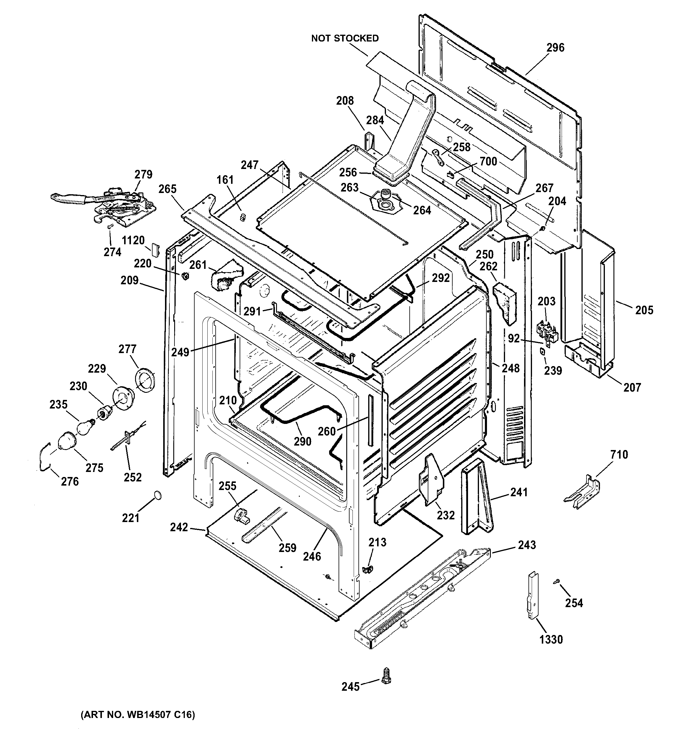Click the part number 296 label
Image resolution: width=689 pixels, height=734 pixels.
coord(555,48)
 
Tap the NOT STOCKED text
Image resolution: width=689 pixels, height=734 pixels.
coord(345,39)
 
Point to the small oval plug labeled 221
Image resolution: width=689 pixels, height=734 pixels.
coord(157,495)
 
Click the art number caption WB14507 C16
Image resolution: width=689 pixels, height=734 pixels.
coord(137,714)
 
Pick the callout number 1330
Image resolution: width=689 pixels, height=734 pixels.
coord(551,639)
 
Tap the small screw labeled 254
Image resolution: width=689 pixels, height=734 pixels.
coord(557,582)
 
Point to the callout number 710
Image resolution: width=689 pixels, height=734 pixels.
coord(619,454)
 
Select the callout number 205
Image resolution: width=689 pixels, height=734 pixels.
coord(644,310)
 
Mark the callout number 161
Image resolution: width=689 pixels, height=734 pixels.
coord(225,180)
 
